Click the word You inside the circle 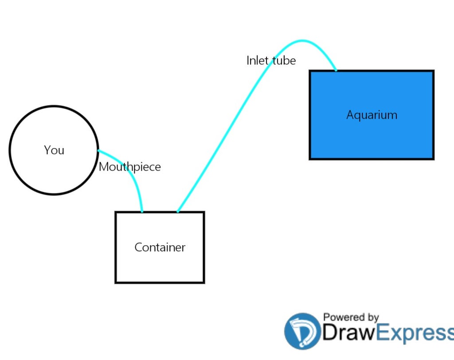tap(54, 150)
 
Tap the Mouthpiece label tap(129, 167)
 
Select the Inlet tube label tap(271, 60)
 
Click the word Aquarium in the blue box tap(372, 115)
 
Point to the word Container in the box tap(160, 247)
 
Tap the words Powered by tap(351, 317)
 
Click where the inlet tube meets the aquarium tap(336, 70)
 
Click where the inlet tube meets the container tap(177, 212)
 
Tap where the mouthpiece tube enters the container tap(142, 212)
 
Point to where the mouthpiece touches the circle tap(98, 151)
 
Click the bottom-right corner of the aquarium tap(433, 159)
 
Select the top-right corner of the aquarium tap(433, 71)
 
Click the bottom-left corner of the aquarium tap(310, 159)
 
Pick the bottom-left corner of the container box tap(116, 282)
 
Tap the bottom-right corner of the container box tap(204, 282)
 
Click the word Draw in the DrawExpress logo tap(348, 334)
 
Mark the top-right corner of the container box tap(204, 212)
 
